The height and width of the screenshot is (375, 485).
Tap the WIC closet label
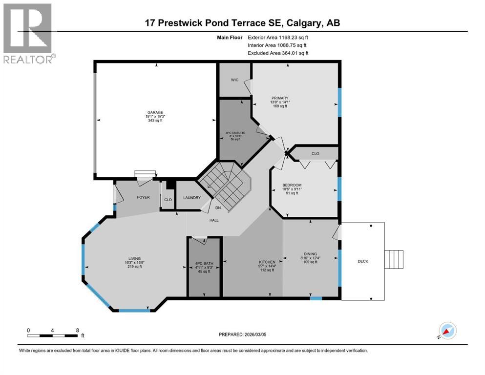pos(234,80)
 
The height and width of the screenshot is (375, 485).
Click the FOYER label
pos(143,197)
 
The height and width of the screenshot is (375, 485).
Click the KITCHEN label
pos(267,262)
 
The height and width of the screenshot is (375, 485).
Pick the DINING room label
pos(310,254)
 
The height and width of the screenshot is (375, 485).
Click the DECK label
pos(363,261)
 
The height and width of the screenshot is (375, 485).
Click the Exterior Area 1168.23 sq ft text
pos(278,37)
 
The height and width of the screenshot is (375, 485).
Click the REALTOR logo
pos(28,34)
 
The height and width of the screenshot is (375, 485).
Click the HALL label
pos(213,220)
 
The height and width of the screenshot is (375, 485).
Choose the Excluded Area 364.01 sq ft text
pos(278,53)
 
